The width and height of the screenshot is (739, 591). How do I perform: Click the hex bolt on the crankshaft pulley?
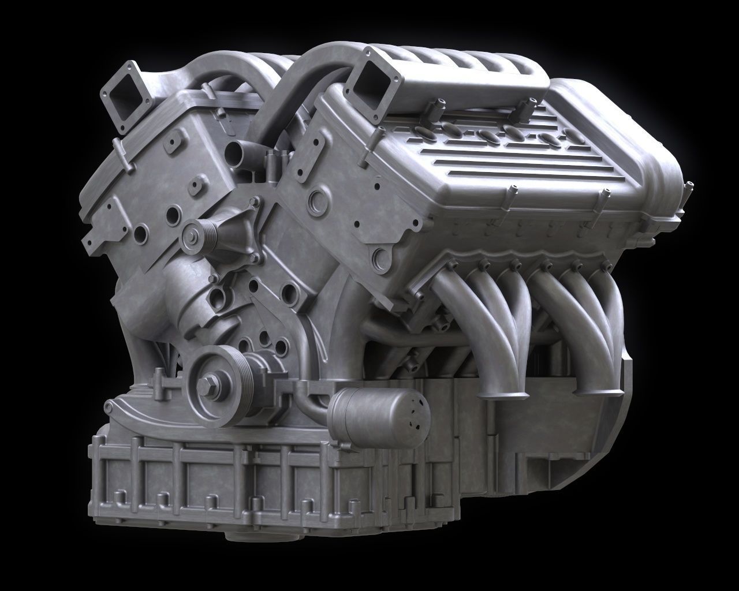207,384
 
